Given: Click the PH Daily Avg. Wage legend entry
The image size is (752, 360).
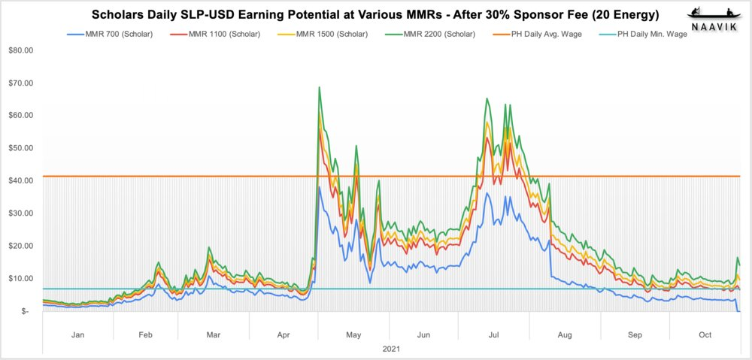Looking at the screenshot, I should [553, 35].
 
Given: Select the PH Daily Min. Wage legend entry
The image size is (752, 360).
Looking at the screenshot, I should [651, 35].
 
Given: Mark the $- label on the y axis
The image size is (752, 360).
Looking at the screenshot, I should [26, 311].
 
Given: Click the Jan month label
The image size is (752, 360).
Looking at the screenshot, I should [77, 335].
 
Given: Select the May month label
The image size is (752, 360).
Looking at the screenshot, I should [354, 335].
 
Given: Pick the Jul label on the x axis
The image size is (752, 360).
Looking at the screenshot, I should [494, 335].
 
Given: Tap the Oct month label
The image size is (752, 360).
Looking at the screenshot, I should [705, 335].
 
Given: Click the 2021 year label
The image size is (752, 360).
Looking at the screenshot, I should [391, 349].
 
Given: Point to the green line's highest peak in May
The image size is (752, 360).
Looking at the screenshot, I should [320, 87].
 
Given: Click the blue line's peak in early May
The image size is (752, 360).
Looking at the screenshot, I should [319, 186].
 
